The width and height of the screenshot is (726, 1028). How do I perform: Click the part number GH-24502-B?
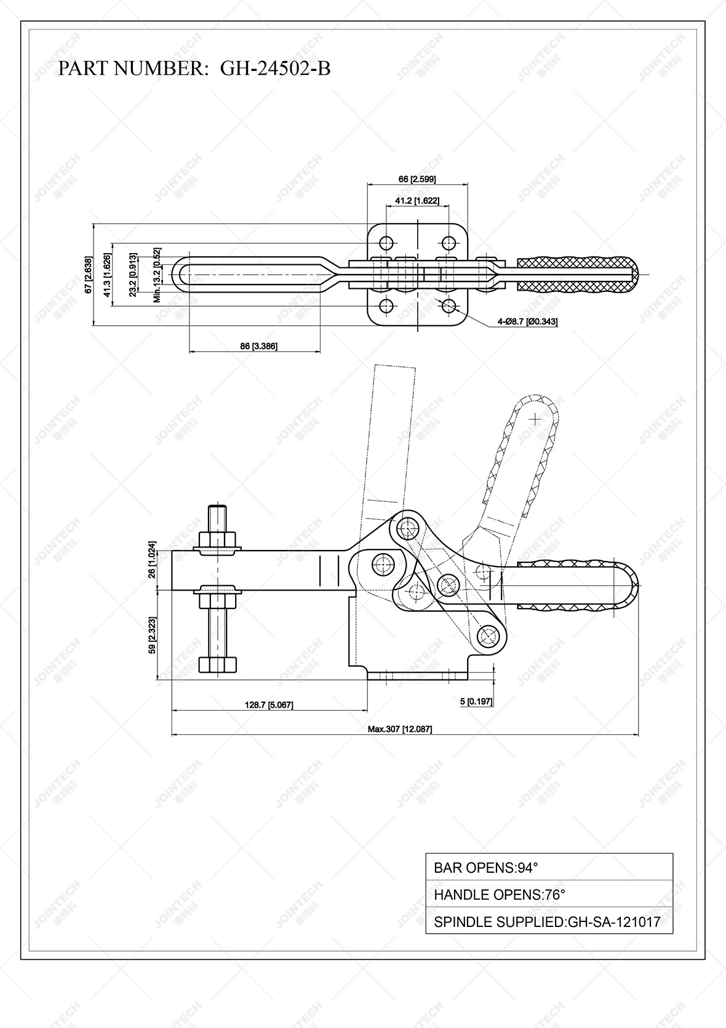click(275, 68)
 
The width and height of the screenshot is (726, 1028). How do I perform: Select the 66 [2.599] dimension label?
click(417, 179)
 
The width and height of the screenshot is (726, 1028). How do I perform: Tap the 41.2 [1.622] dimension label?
click(417, 201)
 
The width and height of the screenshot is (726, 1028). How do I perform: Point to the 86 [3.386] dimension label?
click(258, 347)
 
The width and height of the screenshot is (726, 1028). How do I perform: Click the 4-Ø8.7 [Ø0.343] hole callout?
click(528, 322)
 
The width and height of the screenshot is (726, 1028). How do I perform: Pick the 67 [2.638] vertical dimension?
click(89, 274)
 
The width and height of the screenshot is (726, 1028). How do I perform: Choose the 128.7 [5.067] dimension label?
click(269, 705)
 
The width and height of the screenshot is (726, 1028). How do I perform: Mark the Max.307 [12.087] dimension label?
click(400, 729)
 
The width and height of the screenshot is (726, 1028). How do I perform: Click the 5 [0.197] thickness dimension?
click(476, 702)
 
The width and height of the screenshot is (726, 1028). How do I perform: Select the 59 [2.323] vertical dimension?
click(152, 636)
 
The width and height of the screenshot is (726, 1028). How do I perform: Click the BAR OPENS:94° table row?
click(549, 868)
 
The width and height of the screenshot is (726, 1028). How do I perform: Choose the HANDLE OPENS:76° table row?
click(549, 895)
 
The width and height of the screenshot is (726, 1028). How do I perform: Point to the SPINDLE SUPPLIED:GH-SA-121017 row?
click(549, 922)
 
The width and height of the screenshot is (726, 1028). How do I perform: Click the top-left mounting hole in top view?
click(386, 241)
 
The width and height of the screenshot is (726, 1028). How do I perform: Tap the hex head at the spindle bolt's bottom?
click(218, 664)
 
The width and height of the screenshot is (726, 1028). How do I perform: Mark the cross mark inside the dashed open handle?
click(535, 419)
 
